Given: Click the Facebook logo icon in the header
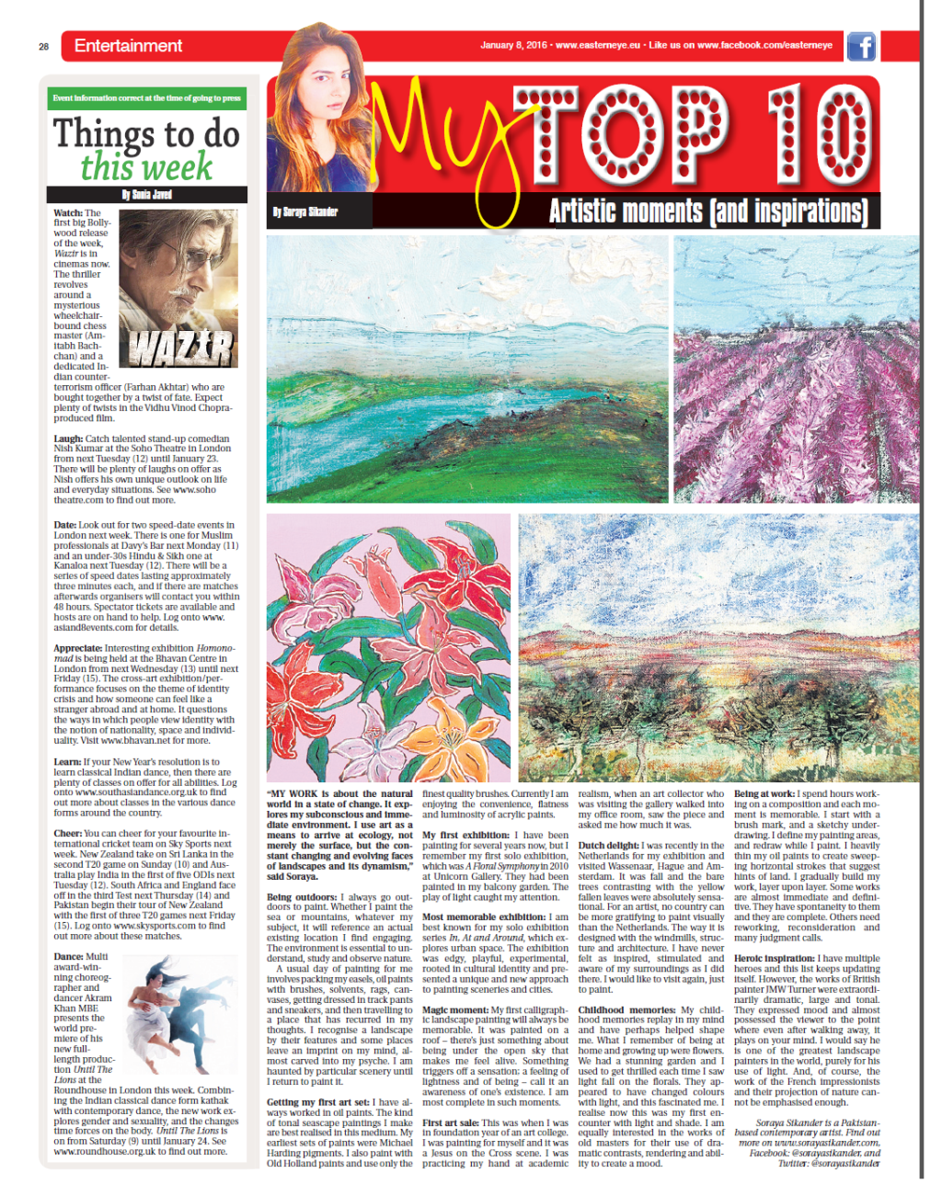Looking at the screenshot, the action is click(860, 46).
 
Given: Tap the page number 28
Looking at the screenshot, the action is click(43, 46).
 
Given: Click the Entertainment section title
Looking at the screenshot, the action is click(128, 46).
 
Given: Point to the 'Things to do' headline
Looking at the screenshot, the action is click(146, 134).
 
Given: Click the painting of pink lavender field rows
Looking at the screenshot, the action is click(796, 368).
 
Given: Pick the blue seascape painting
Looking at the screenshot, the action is click(467, 368).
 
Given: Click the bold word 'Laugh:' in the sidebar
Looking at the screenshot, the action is click(68, 439).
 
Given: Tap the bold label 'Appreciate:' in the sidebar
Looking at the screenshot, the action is click(77, 648).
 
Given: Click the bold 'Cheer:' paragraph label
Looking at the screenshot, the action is click(67, 834).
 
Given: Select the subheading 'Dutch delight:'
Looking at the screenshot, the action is click(609, 845).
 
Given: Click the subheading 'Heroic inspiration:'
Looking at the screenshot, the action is click(774, 958).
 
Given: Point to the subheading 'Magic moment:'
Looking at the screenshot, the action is click(455, 1009).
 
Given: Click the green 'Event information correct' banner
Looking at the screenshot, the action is click(147, 98).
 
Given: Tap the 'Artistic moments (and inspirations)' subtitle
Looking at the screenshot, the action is click(708, 211).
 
